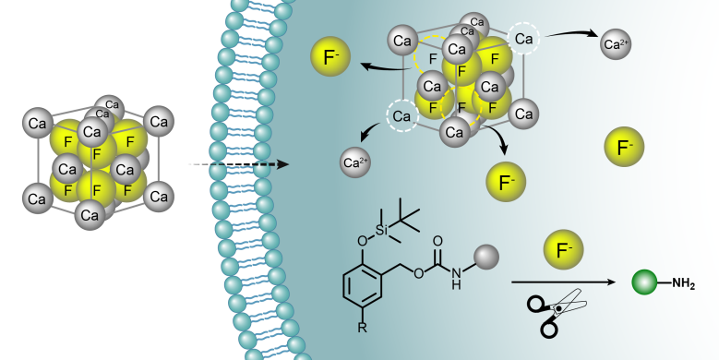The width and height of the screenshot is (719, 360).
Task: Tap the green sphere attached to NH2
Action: coord(645,282)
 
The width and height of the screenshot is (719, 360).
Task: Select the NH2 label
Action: coord(684,284)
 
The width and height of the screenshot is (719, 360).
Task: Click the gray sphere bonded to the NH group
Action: coord(486,257)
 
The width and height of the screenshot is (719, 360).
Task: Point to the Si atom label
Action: coord(381,230)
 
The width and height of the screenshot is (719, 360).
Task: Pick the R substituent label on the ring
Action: coord(362,327)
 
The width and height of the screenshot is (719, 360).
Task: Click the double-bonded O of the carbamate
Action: coord(437,241)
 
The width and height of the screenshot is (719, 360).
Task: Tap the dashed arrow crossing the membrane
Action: coord(238,164)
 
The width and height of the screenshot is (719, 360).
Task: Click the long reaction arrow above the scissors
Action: coord(564,282)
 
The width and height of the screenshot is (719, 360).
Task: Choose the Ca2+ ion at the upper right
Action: coord(616,44)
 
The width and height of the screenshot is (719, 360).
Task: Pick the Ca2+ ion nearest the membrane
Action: coord(355,162)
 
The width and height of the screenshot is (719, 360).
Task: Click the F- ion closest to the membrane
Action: coord(330,56)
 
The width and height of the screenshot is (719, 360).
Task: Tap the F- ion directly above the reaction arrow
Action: coord(564,249)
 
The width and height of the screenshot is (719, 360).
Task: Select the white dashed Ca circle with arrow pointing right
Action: coord(523,39)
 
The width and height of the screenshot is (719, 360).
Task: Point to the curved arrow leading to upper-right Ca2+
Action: coord(572,33)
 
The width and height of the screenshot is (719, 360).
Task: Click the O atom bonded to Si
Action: coord(362,240)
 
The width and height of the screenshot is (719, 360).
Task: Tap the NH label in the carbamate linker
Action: coord(456,279)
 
